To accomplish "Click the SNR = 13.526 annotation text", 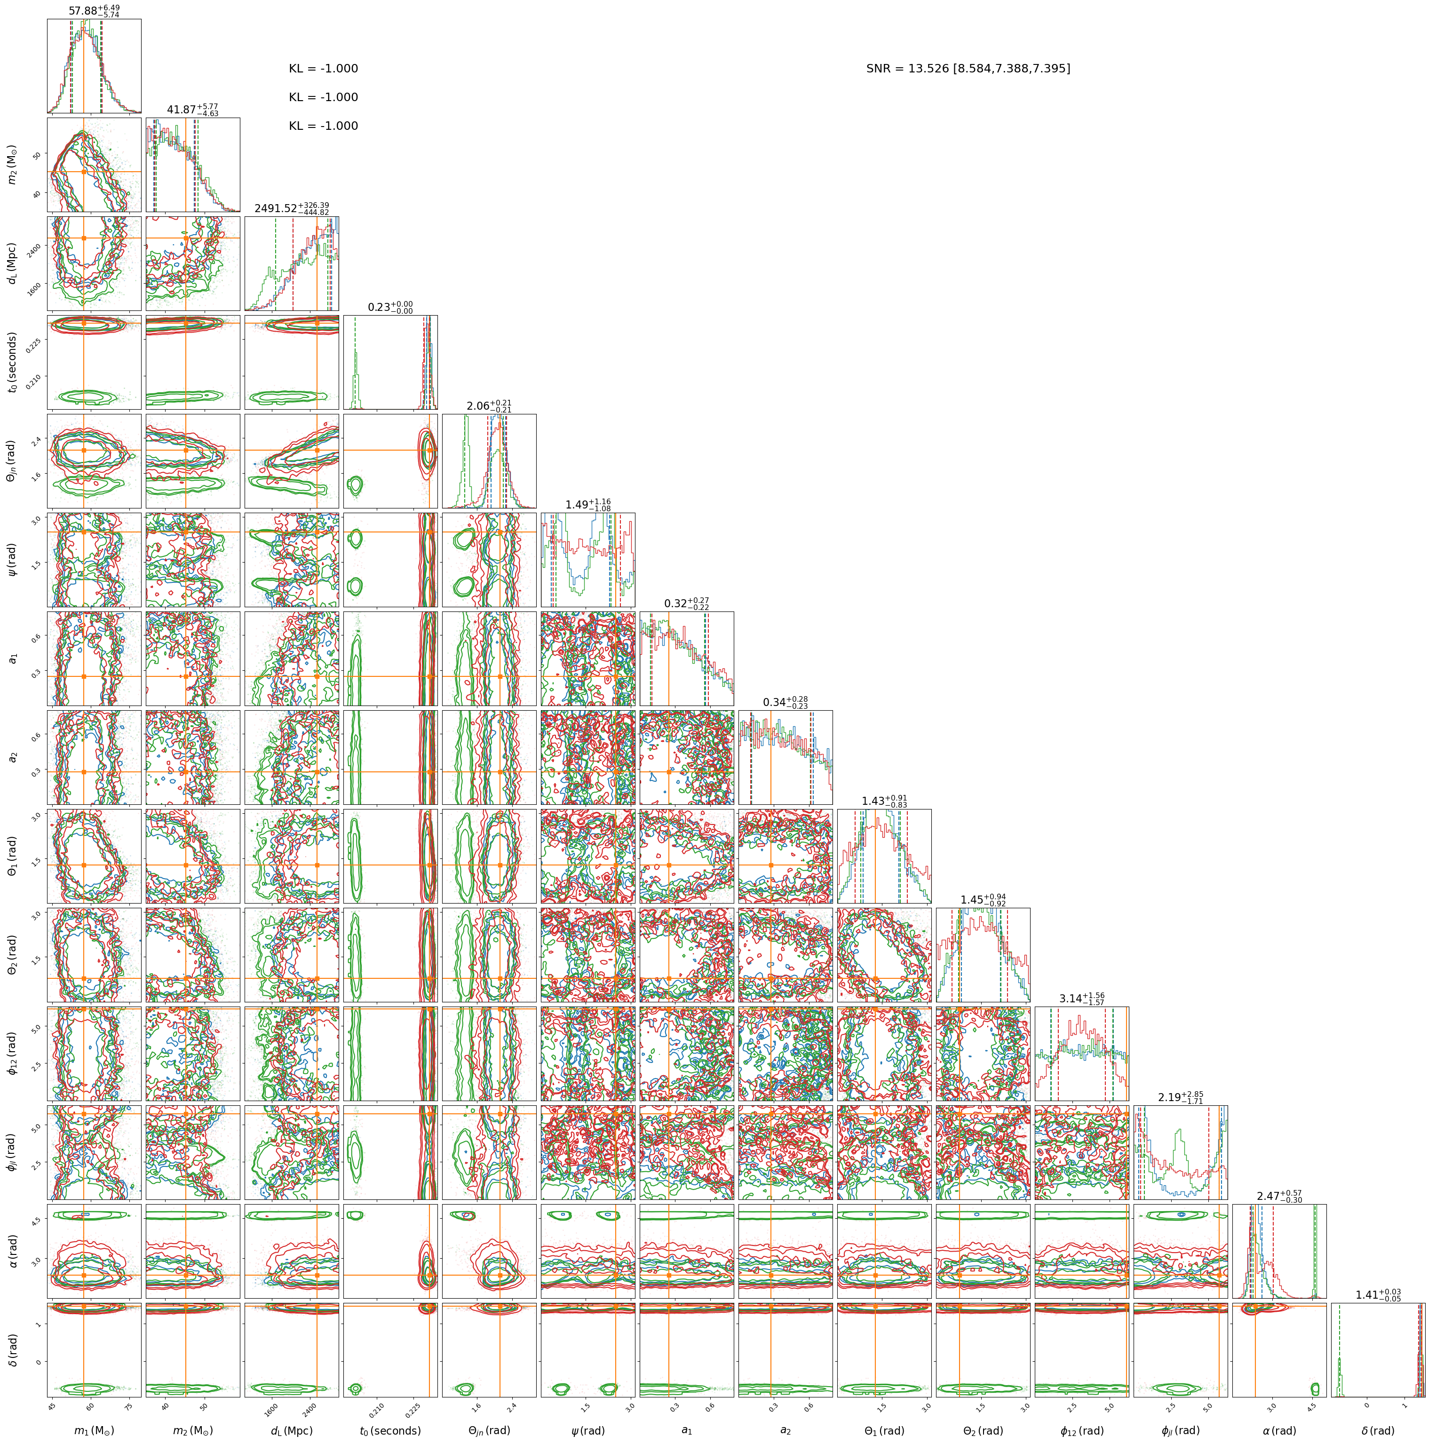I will point(968,69).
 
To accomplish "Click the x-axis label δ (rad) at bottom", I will point(1378,1430).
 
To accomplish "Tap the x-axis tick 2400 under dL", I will point(309,1407).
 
